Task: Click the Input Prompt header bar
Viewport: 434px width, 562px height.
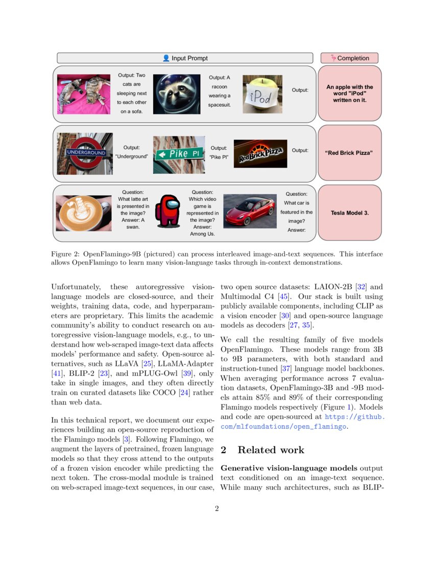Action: click(x=184, y=58)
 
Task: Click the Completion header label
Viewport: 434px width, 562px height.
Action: click(x=349, y=58)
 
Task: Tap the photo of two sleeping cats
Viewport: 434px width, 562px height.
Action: click(x=83, y=95)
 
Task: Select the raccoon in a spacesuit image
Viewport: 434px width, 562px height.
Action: click(x=177, y=93)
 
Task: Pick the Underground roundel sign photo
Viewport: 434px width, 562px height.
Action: click(x=85, y=153)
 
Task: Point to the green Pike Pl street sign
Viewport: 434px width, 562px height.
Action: click(x=179, y=153)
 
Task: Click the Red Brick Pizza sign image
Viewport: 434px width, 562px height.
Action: click(x=260, y=153)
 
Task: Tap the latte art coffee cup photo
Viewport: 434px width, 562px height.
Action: click(x=83, y=213)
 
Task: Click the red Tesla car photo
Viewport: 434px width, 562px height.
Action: click(x=250, y=210)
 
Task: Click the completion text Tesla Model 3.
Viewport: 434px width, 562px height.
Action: click(x=349, y=213)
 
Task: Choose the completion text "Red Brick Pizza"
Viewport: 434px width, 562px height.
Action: click(x=349, y=153)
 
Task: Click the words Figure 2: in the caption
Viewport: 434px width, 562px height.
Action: click(x=65, y=254)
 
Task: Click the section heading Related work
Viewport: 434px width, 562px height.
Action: click(x=271, y=450)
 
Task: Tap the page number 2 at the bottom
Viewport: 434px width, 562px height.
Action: click(x=216, y=508)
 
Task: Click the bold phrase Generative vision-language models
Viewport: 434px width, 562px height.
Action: click(x=288, y=468)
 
